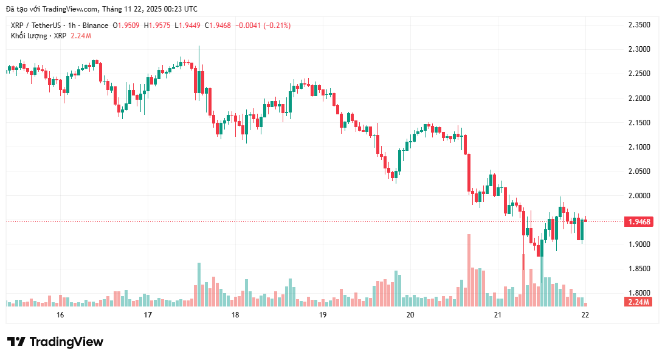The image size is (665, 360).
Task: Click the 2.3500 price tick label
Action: pyautogui.click(x=639, y=25)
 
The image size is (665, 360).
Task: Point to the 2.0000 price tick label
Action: pyautogui.click(x=639, y=196)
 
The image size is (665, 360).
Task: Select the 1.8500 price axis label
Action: pyautogui.click(x=639, y=269)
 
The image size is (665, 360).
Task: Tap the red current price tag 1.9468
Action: pyautogui.click(x=639, y=222)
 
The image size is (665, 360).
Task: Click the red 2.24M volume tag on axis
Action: pyautogui.click(x=639, y=302)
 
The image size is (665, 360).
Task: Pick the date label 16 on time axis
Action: pyautogui.click(x=60, y=315)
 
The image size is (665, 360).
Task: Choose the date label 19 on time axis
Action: pyautogui.click(x=323, y=315)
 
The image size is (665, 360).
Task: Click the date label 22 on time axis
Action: pyautogui.click(x=585, y=315)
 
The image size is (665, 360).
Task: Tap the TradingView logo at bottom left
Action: pyautogui.click(x=55, y=342)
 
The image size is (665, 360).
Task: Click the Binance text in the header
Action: pyautogui.click(x=95, y=26)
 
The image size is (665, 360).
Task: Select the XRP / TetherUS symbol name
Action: pyautogui.click(x=38, y=26)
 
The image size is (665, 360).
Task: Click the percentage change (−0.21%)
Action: pyautogui.click(x=274, y=26)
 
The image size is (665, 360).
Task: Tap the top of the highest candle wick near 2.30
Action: pyautogui.click(x=198, y=46)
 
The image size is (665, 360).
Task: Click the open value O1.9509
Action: pyautogui.click(x=126, y=26)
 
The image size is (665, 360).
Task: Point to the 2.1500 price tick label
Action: pyautogui.click(x=639, y=123)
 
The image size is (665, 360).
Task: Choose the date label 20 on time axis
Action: pyautogui.click(x=410, y=315)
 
